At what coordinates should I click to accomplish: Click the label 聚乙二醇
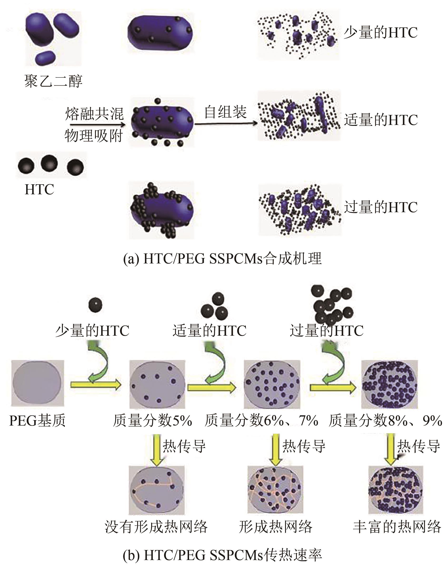click(53, 81)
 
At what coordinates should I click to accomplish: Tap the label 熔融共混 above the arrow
click(94, 114)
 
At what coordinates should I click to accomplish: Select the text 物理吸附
click(94, 136)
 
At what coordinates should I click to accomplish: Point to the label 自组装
click(225, 112)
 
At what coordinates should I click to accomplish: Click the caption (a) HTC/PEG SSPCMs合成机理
click(222, 259)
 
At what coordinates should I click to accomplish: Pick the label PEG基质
click(37, 421)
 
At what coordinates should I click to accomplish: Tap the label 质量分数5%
click(152, 421)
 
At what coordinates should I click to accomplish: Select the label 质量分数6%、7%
click(261, 421)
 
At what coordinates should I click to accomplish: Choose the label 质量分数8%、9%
click(385, 421)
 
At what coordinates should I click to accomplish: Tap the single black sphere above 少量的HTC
click(95, 305)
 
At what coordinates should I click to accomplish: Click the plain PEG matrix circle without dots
click(37, 383)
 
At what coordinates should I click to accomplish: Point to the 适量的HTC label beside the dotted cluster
click(380, 120)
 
